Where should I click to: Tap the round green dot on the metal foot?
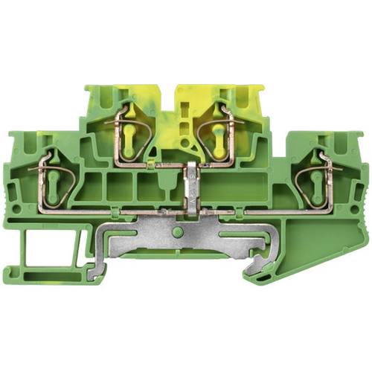pyautogui.click(x=177, y=233)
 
